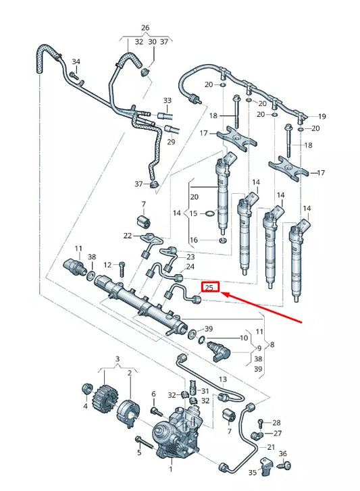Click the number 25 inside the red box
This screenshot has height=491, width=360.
click(x=211, y=288)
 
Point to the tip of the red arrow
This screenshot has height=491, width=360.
click(x=224, y=294)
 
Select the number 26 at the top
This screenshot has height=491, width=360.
click(x=145, y=28)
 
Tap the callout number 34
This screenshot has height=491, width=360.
click(x=76, y=62)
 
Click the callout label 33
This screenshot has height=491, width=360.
click(x=168, y=101)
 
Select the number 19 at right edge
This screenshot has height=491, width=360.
click(x=322, y=116)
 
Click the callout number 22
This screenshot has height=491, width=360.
click(x=128, y=235)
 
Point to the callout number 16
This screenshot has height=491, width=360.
click(x=194, y=240)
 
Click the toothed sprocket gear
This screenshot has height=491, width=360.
click(x=105, y=393)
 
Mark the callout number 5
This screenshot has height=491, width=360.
click(x=138, y=453)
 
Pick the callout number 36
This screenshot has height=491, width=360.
click(x=282, y=454)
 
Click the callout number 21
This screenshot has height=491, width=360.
click(x=270, y=447)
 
